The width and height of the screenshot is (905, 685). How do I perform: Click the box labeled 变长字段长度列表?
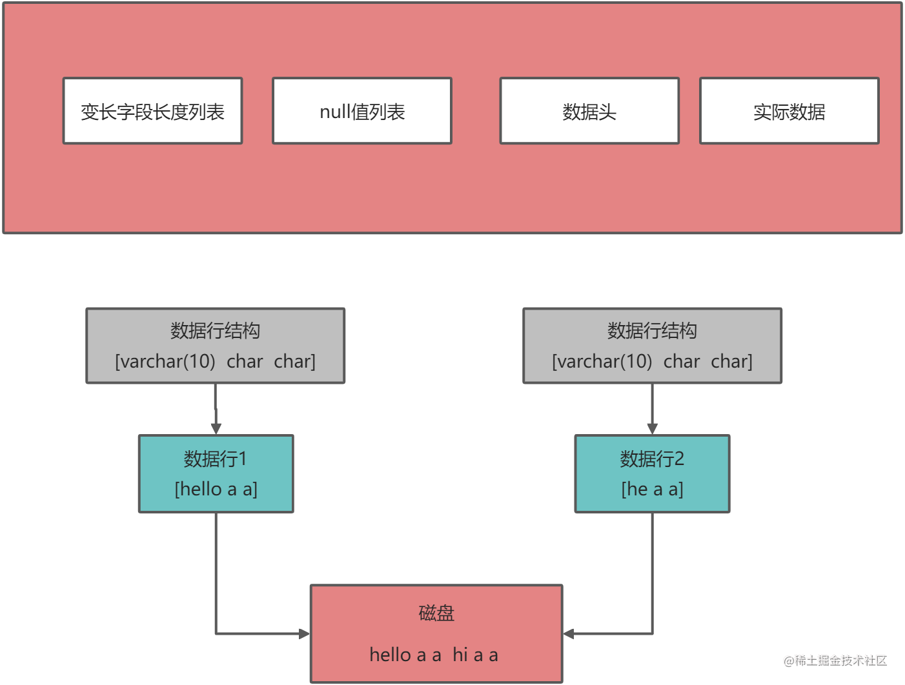[x=152, y=111]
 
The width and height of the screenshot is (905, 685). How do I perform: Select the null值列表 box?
[x=362, y=111]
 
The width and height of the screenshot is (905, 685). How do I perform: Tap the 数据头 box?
[x=589, y=111]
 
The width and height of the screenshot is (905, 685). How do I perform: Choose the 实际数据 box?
[x=789, y=111]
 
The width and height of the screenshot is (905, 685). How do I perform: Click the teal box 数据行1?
[x=216, y=473]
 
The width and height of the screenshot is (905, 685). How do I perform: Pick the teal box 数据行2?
[x=652, y=473]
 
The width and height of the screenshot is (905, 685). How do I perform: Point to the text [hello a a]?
[x=216, y=489]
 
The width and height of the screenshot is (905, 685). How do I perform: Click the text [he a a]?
[x=652, y=489]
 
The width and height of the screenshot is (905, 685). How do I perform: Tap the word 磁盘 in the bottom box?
[x=436, y=613]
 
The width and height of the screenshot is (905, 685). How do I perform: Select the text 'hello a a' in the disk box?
[x=405, y=655]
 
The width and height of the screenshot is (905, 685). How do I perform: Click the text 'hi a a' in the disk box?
[x=475, y=655]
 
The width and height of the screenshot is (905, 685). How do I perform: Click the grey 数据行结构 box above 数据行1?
[x=216, y=346]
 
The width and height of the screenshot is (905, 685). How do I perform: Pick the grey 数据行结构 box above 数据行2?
[x=652, y=346]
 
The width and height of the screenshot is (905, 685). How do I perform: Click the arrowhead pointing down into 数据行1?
[x=216, y=429]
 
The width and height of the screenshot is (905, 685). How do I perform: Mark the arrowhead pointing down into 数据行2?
[x=652, y=429]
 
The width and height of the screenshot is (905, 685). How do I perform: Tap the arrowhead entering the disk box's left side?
[x=304, y=633]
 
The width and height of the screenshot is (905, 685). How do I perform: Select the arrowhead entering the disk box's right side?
[x=569, y=633]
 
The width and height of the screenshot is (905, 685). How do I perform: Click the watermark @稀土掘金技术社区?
[x=835, y=660]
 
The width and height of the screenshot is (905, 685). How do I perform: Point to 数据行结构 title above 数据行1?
[x=216, y=331]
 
